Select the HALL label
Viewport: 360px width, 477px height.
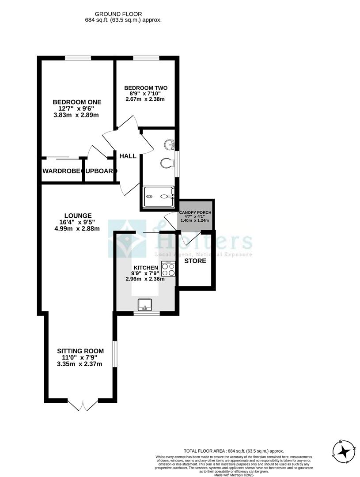pos(128,156)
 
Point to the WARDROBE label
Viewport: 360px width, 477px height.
pos(61,171)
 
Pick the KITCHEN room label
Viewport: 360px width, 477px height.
pos(146,268)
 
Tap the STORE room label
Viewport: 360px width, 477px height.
pos(195,261)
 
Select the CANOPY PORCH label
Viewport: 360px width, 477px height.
pos(195,212)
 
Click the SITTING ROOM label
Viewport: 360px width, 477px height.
pos(80,351)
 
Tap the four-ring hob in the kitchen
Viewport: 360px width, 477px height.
pos(168,269)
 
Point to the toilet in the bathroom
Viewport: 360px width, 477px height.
pos(167,163)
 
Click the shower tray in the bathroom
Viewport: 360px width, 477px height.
pos(159,197)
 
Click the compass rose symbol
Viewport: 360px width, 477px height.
pos(344,451)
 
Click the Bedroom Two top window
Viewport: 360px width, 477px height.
pos(146,58)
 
